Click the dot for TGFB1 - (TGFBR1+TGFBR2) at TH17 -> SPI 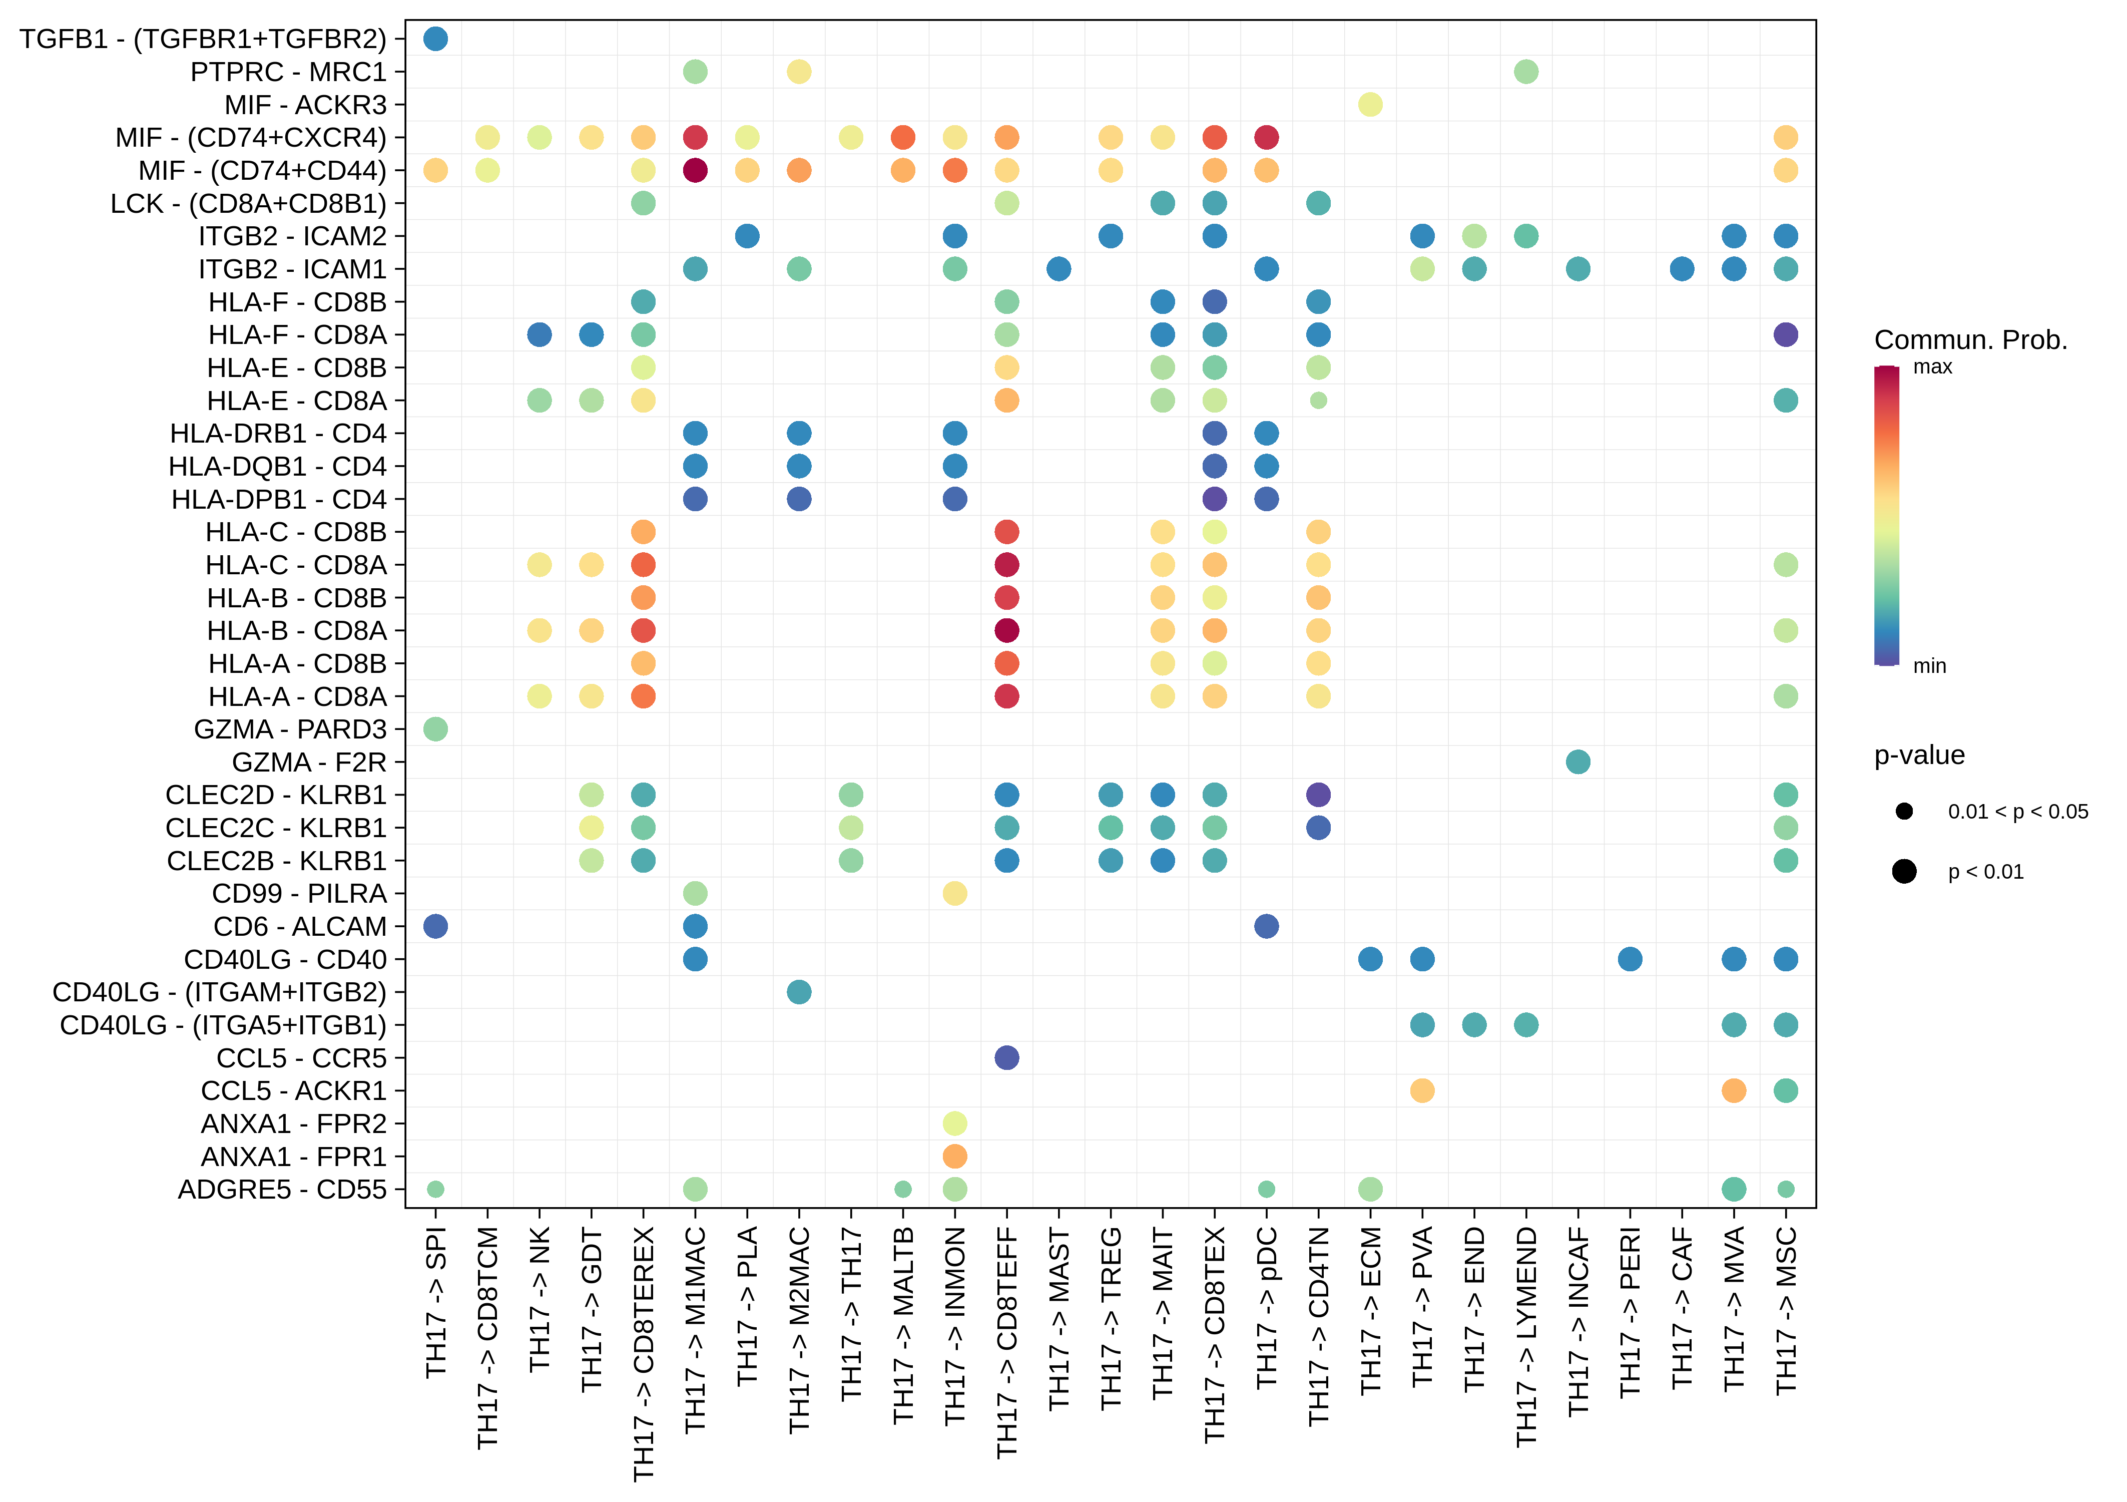pos(435,39)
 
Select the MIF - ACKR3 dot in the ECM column pos(1370,105)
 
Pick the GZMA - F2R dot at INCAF pos(1577,762)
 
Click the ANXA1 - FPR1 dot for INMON pos(954,1157)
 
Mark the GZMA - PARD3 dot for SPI pos(435,729)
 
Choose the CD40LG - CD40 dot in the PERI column pos(1630,959)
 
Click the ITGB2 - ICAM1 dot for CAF pos(1682,269)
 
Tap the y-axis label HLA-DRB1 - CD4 pos(278,434)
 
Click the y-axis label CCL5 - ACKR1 pos(294,1090)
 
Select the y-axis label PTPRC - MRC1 pos(288,72)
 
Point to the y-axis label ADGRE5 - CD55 pos(282,1189)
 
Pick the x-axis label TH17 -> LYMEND pos(1526,1337)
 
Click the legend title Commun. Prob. pos(1970,340)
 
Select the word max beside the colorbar pos(1932,367)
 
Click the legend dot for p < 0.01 pos(1904,871)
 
